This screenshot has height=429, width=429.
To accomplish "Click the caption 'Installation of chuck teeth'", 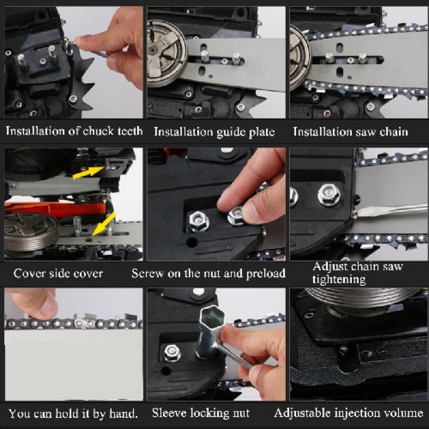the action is pos(74,131).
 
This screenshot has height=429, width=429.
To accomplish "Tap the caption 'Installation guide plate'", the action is pos(214,132).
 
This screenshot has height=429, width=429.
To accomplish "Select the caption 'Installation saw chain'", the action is pos(351,132).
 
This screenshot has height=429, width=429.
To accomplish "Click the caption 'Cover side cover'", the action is pos(58,273).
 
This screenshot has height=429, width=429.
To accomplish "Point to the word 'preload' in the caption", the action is pos(266,274).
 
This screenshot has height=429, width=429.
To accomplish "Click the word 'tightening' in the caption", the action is pos(339,279).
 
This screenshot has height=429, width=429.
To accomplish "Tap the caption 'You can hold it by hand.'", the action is pos(73,413).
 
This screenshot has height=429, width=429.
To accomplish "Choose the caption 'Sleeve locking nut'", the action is pos(201,413).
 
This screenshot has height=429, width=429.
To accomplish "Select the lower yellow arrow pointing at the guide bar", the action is pos(103,224).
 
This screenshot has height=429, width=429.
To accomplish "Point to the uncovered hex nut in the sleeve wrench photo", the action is pos(172,353).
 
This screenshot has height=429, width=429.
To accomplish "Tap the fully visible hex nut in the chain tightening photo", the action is pos(329,195).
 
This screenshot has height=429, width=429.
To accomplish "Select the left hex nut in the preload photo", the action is pos(199,221).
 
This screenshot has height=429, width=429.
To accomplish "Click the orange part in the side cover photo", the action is pos(55,209).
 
